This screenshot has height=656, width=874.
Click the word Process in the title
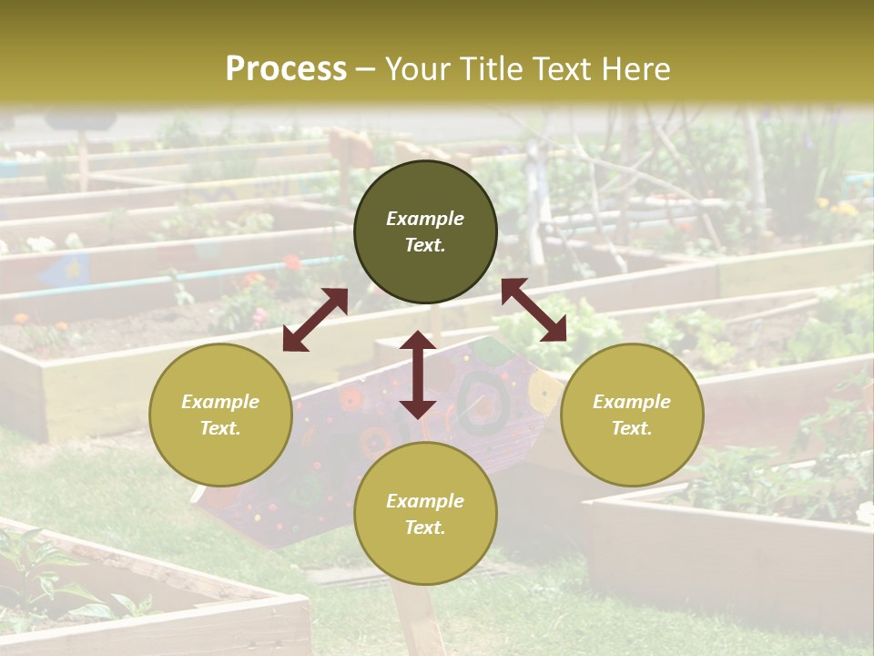(286, 69)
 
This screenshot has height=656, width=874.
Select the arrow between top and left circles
(315, 320)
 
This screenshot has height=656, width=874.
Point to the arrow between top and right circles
(534, 310)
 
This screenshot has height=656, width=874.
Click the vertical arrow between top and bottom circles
(418, 374)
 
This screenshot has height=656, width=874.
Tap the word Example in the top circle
(425, 219)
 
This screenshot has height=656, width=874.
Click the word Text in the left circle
(220, 428)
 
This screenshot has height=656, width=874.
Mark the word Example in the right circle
(631, 402)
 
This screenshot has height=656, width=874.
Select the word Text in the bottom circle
(425, 528)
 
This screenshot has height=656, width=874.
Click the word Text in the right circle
(631, 428)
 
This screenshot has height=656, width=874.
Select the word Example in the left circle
(220, 402)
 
